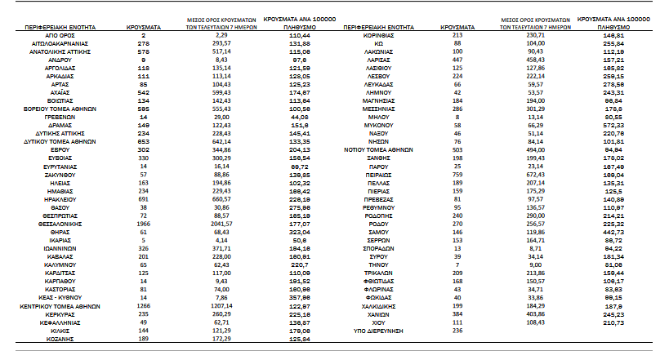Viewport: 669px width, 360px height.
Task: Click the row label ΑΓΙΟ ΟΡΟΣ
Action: pyautogui.click(x=61, y=38)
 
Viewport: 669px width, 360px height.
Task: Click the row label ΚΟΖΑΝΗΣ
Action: pyautogui.click(x=61, y=338)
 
